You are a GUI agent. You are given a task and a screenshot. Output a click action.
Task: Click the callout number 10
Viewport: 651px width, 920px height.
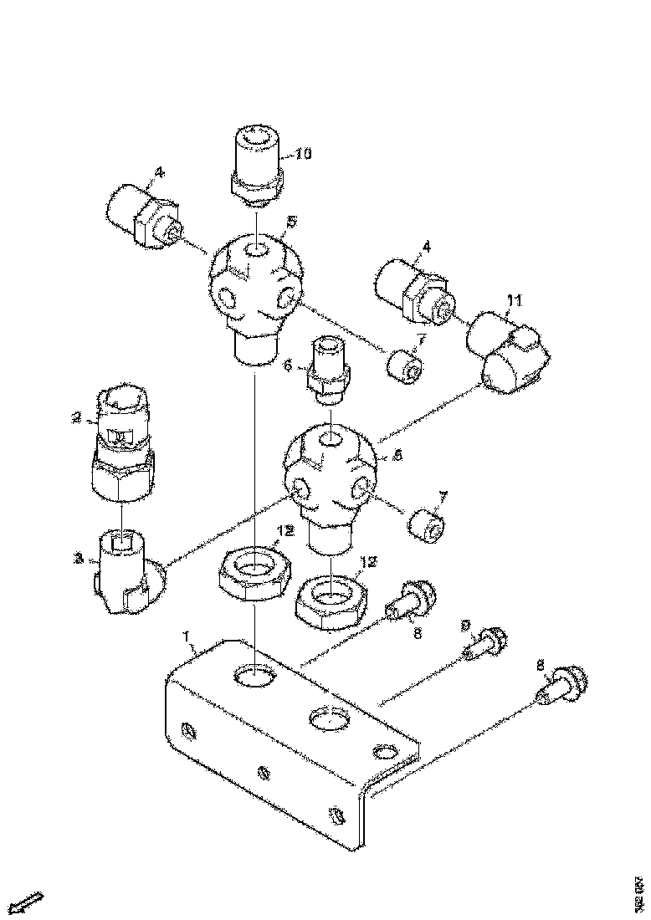point(303,155)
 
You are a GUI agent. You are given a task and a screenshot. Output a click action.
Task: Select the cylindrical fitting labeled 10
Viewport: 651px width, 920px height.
point(257,162)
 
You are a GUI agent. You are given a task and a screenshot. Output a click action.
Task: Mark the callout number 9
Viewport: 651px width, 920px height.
point(466,626)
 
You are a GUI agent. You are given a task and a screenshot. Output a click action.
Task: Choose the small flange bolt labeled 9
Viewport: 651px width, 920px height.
point(485,645)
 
